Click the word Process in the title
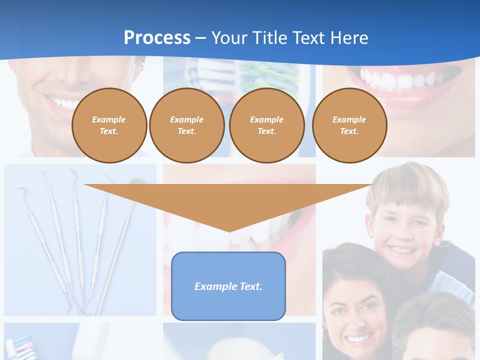(x=157, y=38)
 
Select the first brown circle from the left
(x=109, y=125)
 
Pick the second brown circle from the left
(x=186, y=125)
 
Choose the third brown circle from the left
(x=266, y=125)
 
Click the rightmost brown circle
(x=349, y=125)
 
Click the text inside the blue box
(x=228, y=286)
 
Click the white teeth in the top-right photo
(x=400, y=80)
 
